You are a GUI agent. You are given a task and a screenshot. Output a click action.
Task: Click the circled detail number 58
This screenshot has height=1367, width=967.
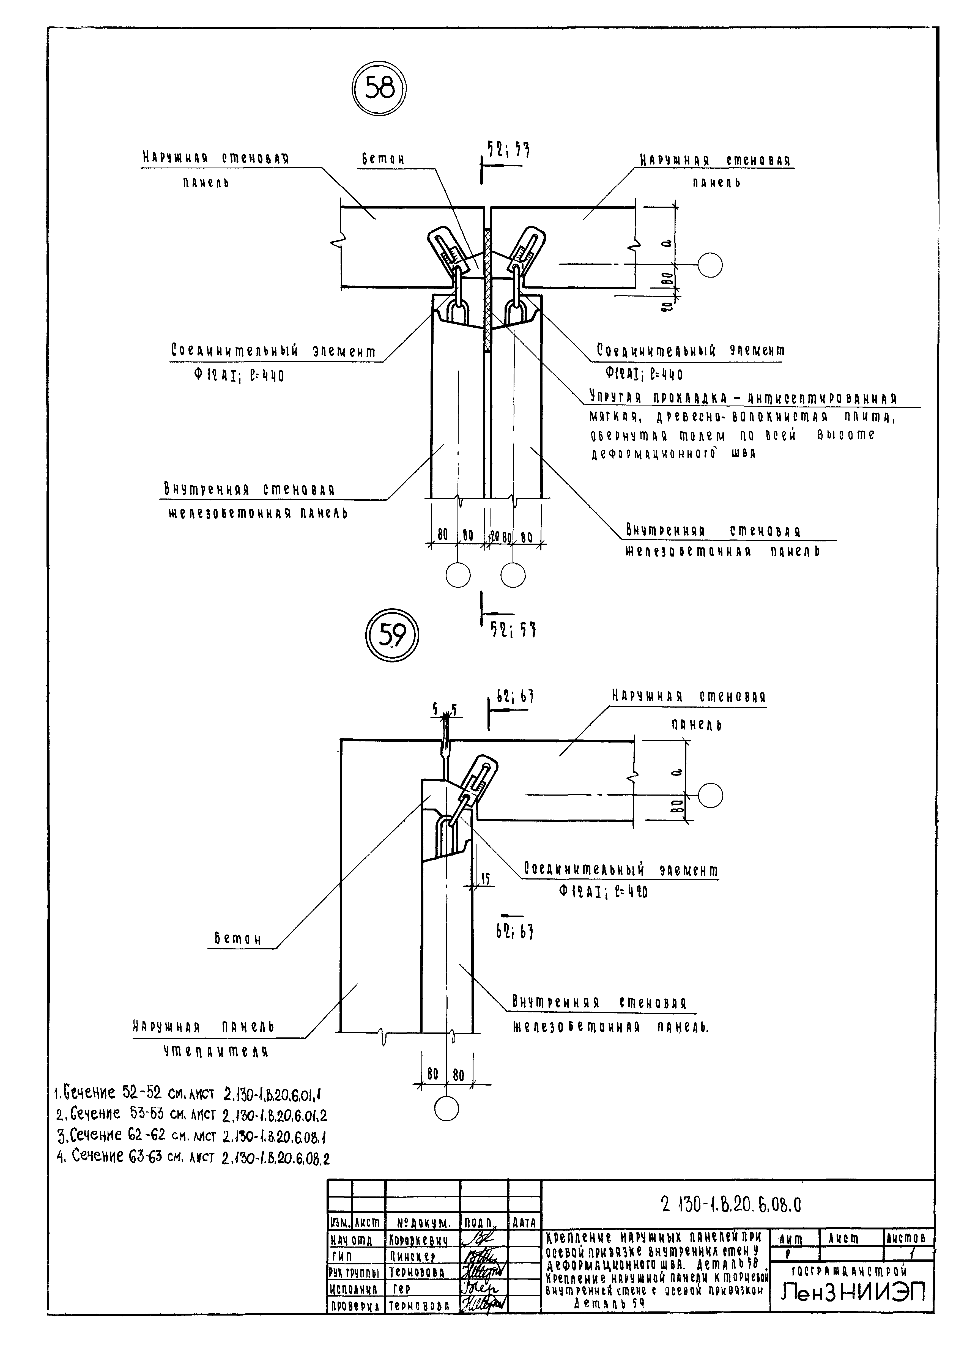[379, 89]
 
